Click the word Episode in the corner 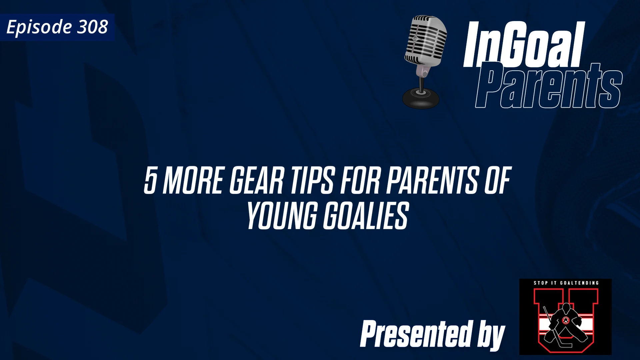39,27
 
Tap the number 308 93,27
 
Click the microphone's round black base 421,98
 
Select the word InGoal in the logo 523,45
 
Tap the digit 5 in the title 150,181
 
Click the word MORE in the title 193,181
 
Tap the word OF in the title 497,181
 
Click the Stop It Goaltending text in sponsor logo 566,283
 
